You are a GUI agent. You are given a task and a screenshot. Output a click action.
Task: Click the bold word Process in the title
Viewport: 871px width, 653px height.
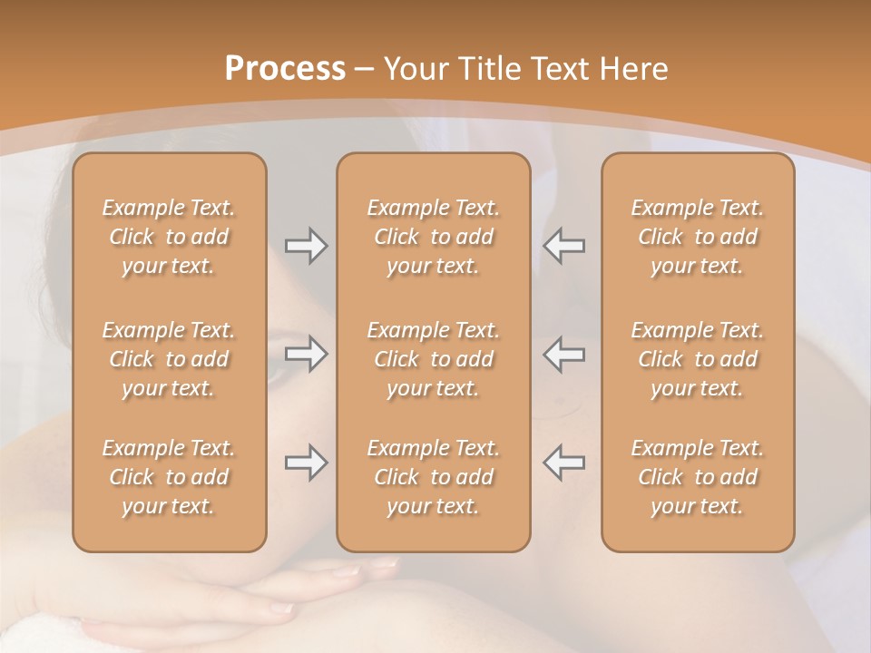coord(285,69)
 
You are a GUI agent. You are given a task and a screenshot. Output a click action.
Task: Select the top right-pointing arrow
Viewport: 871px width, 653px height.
coord(306,246)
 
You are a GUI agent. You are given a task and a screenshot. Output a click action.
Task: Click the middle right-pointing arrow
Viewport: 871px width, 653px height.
coord(306,354)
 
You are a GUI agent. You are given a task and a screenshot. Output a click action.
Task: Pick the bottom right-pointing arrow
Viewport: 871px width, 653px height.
coord(306,463)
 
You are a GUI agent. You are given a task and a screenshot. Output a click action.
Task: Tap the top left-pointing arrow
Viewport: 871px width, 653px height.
coord(563,246)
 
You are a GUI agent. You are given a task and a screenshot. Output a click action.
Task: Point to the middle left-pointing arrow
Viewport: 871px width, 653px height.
coord(563,354)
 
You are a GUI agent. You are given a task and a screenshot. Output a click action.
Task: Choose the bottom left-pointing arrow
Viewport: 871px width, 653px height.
coord(563,463)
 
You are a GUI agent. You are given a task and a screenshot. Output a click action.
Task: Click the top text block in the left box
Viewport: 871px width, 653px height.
coord(169,237)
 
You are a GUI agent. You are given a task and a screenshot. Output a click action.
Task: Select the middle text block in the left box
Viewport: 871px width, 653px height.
coord(169,359)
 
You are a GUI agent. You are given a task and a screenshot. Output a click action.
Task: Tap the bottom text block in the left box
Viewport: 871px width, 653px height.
coord(169,477)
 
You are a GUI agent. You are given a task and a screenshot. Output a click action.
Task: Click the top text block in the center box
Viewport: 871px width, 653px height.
coord(434,237)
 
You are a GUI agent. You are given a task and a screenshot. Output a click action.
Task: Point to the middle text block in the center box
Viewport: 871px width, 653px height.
coord(434,359)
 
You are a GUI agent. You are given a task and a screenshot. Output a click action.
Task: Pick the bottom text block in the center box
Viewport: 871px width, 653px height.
coord(434,477)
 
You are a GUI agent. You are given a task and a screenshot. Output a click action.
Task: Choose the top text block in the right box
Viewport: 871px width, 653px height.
coord(698,237)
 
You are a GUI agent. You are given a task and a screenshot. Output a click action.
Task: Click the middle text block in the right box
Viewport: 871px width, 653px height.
coord(698,359)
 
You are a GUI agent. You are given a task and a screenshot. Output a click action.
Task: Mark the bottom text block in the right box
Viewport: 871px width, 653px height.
coord(698,477)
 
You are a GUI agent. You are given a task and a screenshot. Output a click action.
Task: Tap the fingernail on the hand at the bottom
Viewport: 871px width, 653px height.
coord(347,572)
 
